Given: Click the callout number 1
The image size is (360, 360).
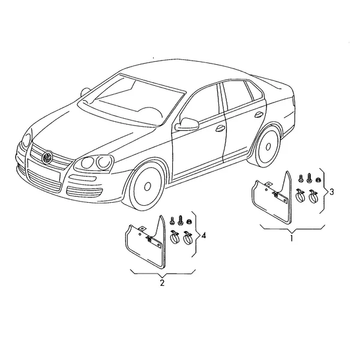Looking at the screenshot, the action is coord(292,238).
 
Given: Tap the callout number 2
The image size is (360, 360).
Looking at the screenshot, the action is coord(162,283).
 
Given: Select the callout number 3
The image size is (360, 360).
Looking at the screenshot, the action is coord(331,192).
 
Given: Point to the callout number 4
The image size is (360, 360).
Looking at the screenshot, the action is coord(203,236).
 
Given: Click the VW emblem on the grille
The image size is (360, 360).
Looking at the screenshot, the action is coord(47,157).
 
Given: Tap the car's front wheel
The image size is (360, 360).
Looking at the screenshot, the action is coord(147,186).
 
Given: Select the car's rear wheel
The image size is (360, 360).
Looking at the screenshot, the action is coord(268,146).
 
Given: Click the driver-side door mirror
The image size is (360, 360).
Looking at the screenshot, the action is coord(187,124).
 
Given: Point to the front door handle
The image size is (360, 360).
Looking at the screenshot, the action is coord(220,128).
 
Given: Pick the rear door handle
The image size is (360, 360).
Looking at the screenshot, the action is coord(259,115).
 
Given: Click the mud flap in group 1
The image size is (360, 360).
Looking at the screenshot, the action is coord(272,197).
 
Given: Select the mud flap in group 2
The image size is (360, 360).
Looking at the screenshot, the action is coord(146,242).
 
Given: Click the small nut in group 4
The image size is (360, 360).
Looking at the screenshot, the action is coord(190,221).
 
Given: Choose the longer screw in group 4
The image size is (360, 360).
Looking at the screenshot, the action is coord(180,220).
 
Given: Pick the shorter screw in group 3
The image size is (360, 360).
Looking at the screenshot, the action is coord(301,179).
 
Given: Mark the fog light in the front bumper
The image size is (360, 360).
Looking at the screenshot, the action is coord(83,178).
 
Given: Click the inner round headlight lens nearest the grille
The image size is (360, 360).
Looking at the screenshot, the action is coord(88,163).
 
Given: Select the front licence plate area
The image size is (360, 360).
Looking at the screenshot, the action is coord(44,169).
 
